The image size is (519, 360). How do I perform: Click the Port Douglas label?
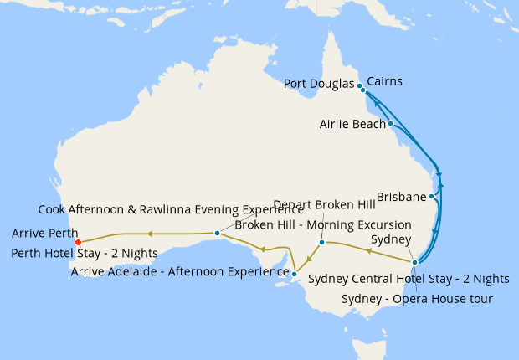[x=319, y=84]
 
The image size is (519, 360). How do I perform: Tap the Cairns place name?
[x=384, y=81]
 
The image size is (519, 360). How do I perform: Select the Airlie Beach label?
[x=352, y=124]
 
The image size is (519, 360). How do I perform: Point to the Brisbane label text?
[x=401, y=197]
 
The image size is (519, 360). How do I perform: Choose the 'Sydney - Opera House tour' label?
[x=418, y=299]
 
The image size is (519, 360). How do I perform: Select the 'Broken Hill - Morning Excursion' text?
[x=322, y=225]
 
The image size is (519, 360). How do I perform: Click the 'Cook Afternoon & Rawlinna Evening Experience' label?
[x=171, y=209]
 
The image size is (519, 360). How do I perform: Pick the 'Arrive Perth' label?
[x=45, y=234]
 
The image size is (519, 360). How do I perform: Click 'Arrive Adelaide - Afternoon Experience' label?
[x=180, y=271]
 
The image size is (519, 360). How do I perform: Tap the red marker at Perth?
[x=78, y=242]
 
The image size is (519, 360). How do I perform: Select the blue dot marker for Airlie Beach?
[x=390, y=124]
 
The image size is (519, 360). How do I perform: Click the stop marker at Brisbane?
[x=431, y=197]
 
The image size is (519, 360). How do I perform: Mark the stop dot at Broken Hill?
[x=321, y=242]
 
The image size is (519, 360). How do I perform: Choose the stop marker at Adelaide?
[x=294, y=273]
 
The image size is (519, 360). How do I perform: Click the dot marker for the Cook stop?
[x=217, y=233]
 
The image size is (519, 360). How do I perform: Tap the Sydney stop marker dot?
[x=414, y=262]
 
